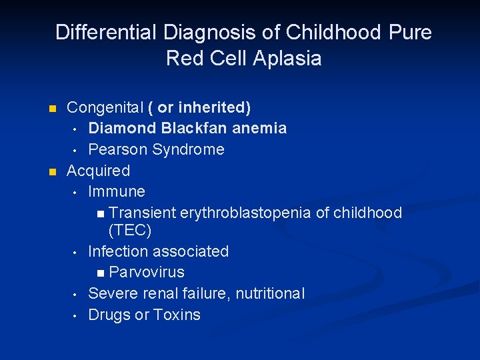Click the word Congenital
click(105, 107)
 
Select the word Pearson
click(118, 149)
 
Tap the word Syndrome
click(189, 149)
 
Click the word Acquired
click(98, 171)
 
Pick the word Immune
click(117, 192)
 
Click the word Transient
click(142, 213)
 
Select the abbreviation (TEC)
click(130, 231)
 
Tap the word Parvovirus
click(147, 273)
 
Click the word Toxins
click(177, 315)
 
